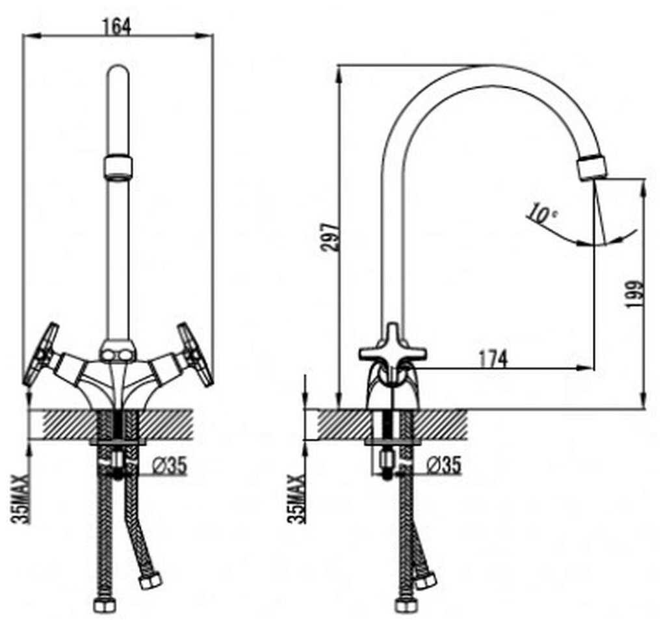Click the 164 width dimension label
117,25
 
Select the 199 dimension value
635,295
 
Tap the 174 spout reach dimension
493,358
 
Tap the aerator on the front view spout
118,167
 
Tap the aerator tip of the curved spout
592,167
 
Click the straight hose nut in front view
104,605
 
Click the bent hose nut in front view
150,580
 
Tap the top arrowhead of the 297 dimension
338,72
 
